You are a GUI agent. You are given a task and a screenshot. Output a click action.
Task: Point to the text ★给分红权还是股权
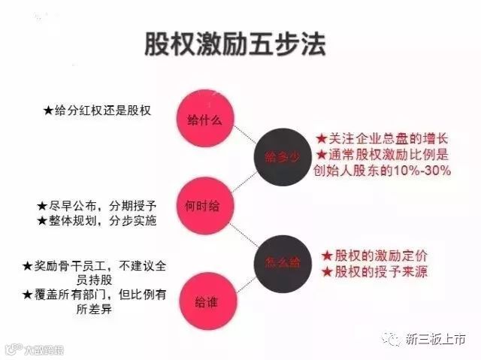(x=98, y=110)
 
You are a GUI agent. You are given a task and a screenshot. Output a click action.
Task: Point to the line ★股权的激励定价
(x=374, y=256)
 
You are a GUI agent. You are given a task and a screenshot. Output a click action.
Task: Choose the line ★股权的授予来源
(x=374, y=271)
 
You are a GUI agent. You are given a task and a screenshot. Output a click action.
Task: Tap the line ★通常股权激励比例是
(x=382, y=155)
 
